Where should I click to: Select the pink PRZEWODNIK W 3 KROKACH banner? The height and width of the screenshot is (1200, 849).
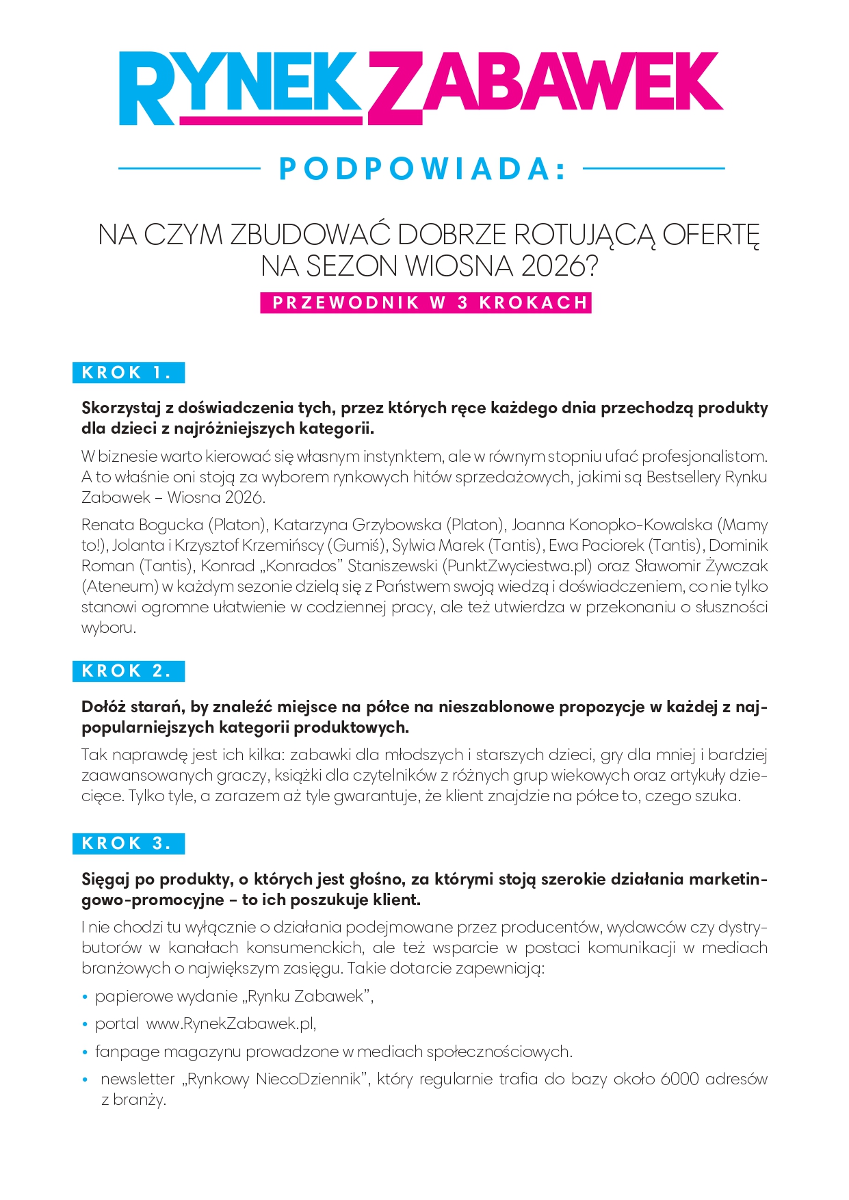[x=426, y=303]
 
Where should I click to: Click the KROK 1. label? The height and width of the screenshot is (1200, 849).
[x=128, y=373]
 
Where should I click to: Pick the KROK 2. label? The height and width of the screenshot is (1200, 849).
[x=128, y=671]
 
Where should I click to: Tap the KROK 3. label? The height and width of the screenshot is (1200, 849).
[x=128, y=844]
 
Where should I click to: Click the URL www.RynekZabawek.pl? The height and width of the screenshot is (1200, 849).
[x=231, y=1023]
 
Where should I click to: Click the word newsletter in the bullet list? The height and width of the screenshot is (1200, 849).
[x=138, y=1079]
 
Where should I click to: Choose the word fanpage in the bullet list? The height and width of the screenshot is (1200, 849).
[x=127, y=1052]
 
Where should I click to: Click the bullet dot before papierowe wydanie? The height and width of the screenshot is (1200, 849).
[x=86, y=997]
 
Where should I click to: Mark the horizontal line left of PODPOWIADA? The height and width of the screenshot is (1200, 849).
[x=190, y=168]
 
